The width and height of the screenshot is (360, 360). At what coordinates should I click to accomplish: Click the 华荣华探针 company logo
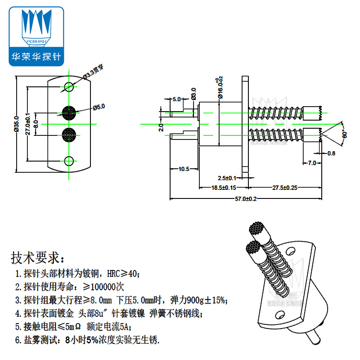coord(37,36)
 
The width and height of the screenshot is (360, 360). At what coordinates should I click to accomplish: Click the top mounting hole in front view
coord(69,86)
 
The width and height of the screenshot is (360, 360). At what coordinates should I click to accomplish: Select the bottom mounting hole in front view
coord(69,161)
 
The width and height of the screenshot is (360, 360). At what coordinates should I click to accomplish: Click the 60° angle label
coord(345,134)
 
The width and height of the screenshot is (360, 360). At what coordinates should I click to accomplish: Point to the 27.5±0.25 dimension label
coord(284,187)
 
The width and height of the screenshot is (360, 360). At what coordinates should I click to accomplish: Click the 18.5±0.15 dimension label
coord(224,187)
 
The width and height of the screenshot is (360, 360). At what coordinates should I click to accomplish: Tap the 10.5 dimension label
coord(184,169)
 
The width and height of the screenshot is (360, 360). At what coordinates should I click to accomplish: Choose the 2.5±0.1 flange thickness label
coord(227,178)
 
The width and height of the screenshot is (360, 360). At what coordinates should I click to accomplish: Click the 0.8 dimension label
coord(331,153)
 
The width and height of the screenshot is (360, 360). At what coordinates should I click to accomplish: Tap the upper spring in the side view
coord(276,113)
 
